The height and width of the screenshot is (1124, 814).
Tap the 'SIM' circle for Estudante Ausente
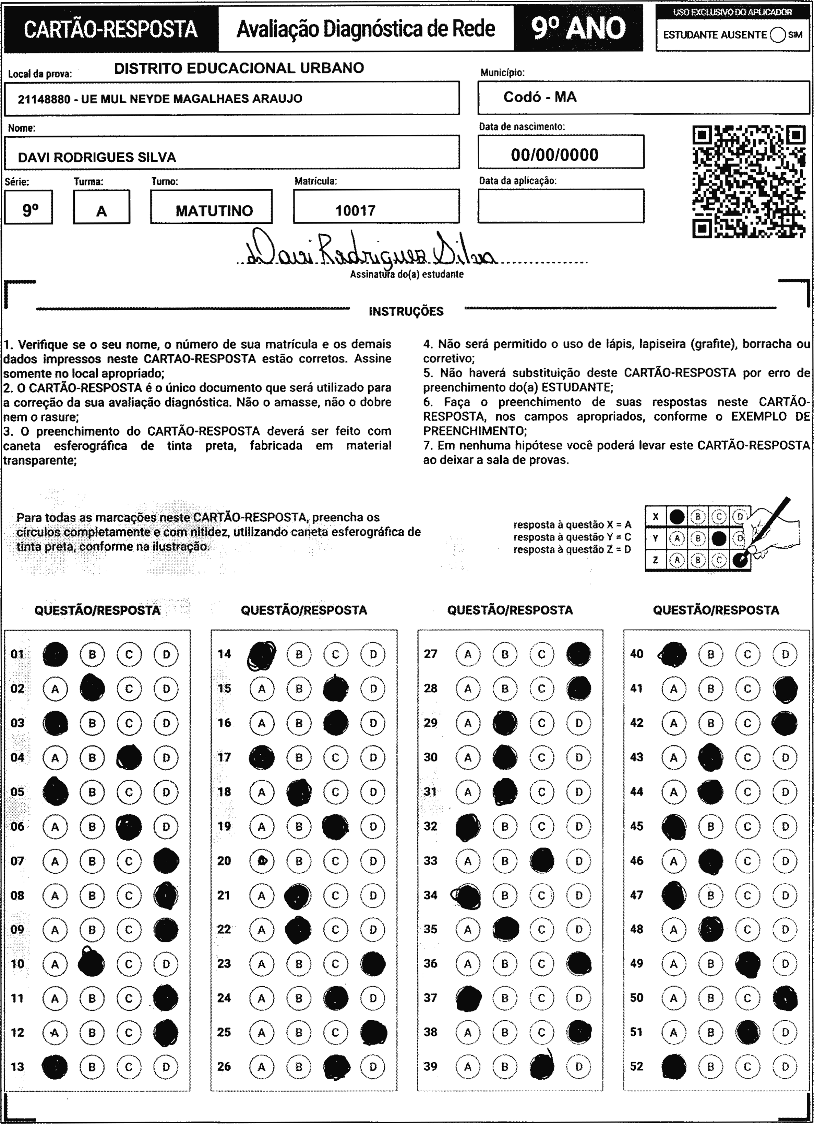(x=778, y=35)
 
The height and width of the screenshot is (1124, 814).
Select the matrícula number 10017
(x=355, y=211)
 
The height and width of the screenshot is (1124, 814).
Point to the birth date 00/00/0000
(x=554, y=155)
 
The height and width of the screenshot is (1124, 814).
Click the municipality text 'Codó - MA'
(x=540, y=97)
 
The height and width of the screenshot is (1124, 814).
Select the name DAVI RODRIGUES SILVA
(x=97, y=158)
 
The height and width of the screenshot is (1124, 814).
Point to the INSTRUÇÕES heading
(x=406, y=311)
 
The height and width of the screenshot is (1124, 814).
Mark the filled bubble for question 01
(x=55, y=654)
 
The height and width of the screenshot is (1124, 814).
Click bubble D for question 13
(x=166, y=1067)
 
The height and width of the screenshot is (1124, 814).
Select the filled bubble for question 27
(x=578, y=654)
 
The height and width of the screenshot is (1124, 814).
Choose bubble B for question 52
(x=711, y=1067)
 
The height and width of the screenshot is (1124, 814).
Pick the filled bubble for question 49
(x=748, y=963)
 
